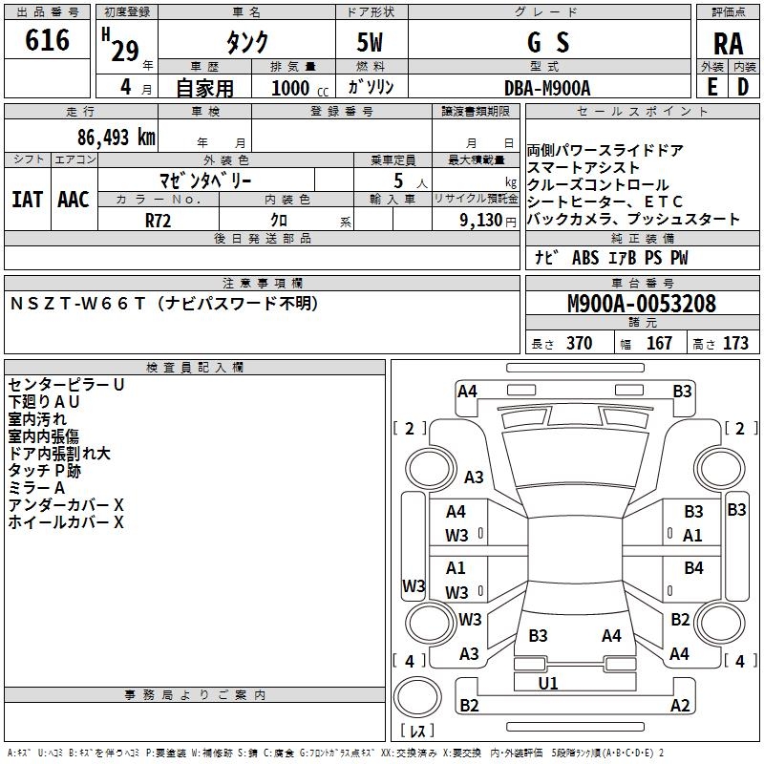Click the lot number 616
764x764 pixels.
(48, 40)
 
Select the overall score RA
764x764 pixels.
(728, 44)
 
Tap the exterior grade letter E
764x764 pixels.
(712, 87)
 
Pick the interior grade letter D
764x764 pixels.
(743, 87)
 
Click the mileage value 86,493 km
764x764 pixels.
(117, 138)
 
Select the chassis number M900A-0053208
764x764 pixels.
(641, 305)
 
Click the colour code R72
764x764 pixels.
(159, 220)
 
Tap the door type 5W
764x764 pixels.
(371, 43)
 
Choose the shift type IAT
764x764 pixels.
(27, 200)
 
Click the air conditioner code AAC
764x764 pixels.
(74, 200)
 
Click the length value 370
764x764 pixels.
(579, 344)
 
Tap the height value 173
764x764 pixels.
(735, 344)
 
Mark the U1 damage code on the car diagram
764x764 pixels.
(548, 684)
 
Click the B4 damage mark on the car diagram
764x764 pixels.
(693, 569)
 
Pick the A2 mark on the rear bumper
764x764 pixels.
(680, 706)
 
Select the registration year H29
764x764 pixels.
(122, 48)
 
